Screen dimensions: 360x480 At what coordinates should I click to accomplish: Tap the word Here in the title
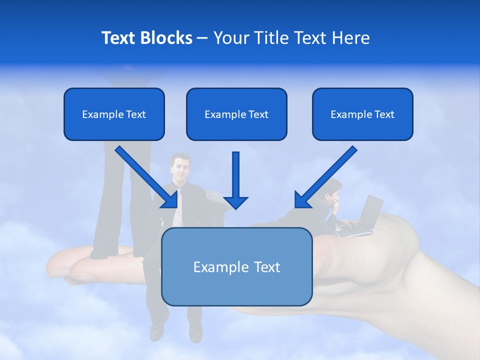[x=352, y=38]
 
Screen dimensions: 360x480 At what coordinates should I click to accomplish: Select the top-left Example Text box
[x=114, y=114]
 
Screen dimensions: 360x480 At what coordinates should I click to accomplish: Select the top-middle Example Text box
[x=236, y=114]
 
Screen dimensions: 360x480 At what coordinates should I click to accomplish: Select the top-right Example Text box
[x=362, y=114]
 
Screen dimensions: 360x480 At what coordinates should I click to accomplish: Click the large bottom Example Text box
[x=236, y=267]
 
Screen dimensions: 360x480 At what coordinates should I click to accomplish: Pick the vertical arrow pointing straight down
[x=235, y=180]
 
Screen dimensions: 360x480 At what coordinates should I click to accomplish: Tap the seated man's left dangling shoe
[x=156, y=331]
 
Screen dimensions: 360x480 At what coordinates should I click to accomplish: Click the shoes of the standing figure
[x=100, y=253]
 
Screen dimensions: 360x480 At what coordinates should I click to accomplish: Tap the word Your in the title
[x=230, y=38]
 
